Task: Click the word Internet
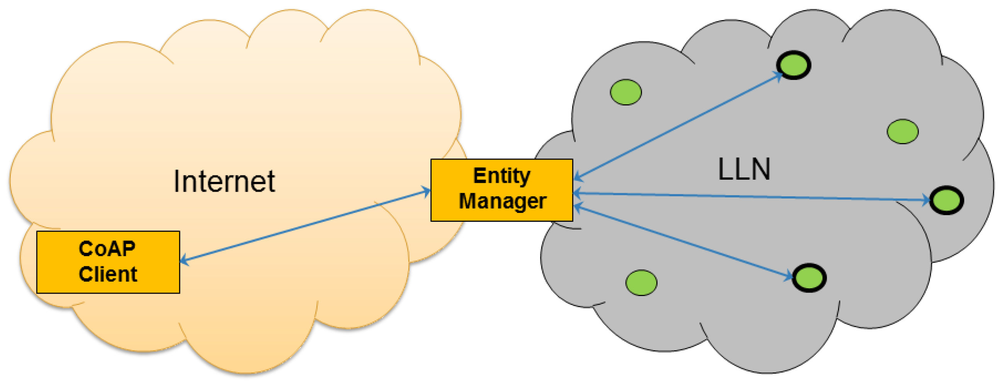(224, 181)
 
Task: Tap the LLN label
(744, 169)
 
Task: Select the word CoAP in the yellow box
(107, 249)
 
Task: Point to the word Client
(108, 274)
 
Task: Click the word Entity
(501, 176)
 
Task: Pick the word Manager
(502, 201)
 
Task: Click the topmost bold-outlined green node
(794, 65)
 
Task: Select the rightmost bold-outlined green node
(947, 200)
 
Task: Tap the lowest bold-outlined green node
(809, 277)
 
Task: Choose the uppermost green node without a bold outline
(625, 92)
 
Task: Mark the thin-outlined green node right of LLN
(903, 131)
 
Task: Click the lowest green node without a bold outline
(641, 282)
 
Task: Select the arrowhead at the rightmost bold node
(927, 200)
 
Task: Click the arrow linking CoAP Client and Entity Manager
(305, 226)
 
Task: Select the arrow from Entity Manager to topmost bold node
(678, 126)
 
